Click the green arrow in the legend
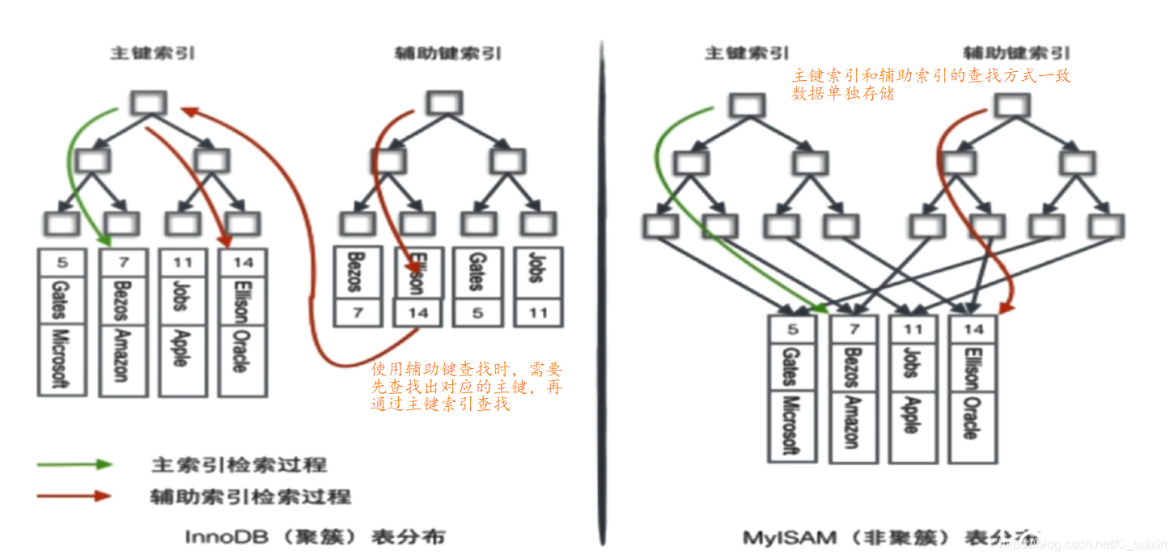pos(74,464)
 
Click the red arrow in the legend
pos(74,496)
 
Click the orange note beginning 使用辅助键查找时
pos(467,387)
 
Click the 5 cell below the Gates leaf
pos(477,312)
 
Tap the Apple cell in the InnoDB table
pos(180,348)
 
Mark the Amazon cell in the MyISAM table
pos(852,421)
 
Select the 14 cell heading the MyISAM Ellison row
pos(973,328)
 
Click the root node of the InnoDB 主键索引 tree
pos(148,103)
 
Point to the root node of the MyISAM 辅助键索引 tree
pos(1011,105)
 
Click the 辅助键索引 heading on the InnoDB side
pos(447,54)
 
